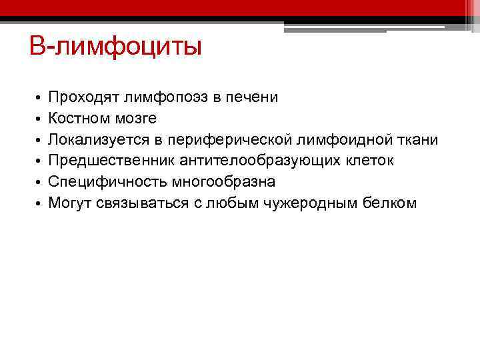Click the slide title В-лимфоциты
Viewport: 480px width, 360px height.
pyautogui.click(x=115, y=47)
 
